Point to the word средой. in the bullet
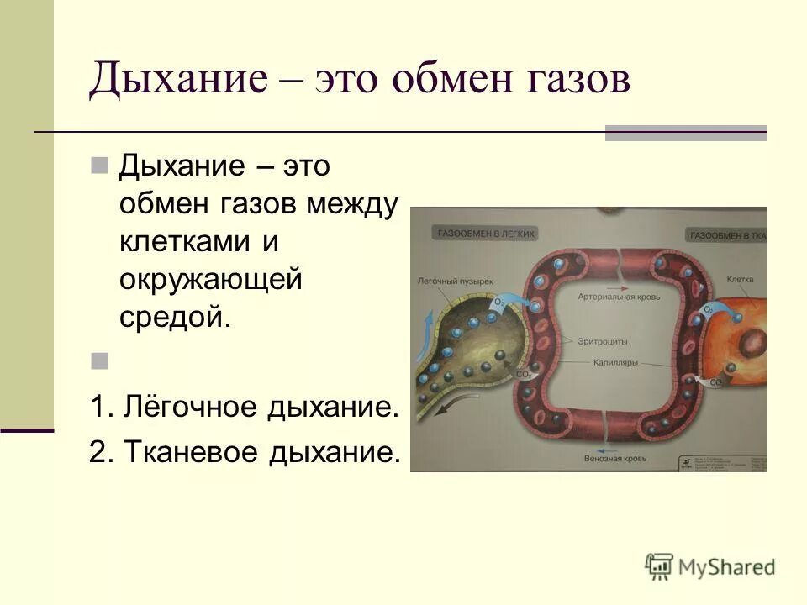tap(174, 317)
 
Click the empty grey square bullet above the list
tap(100, 361)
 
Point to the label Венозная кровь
tap(616, 459)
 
